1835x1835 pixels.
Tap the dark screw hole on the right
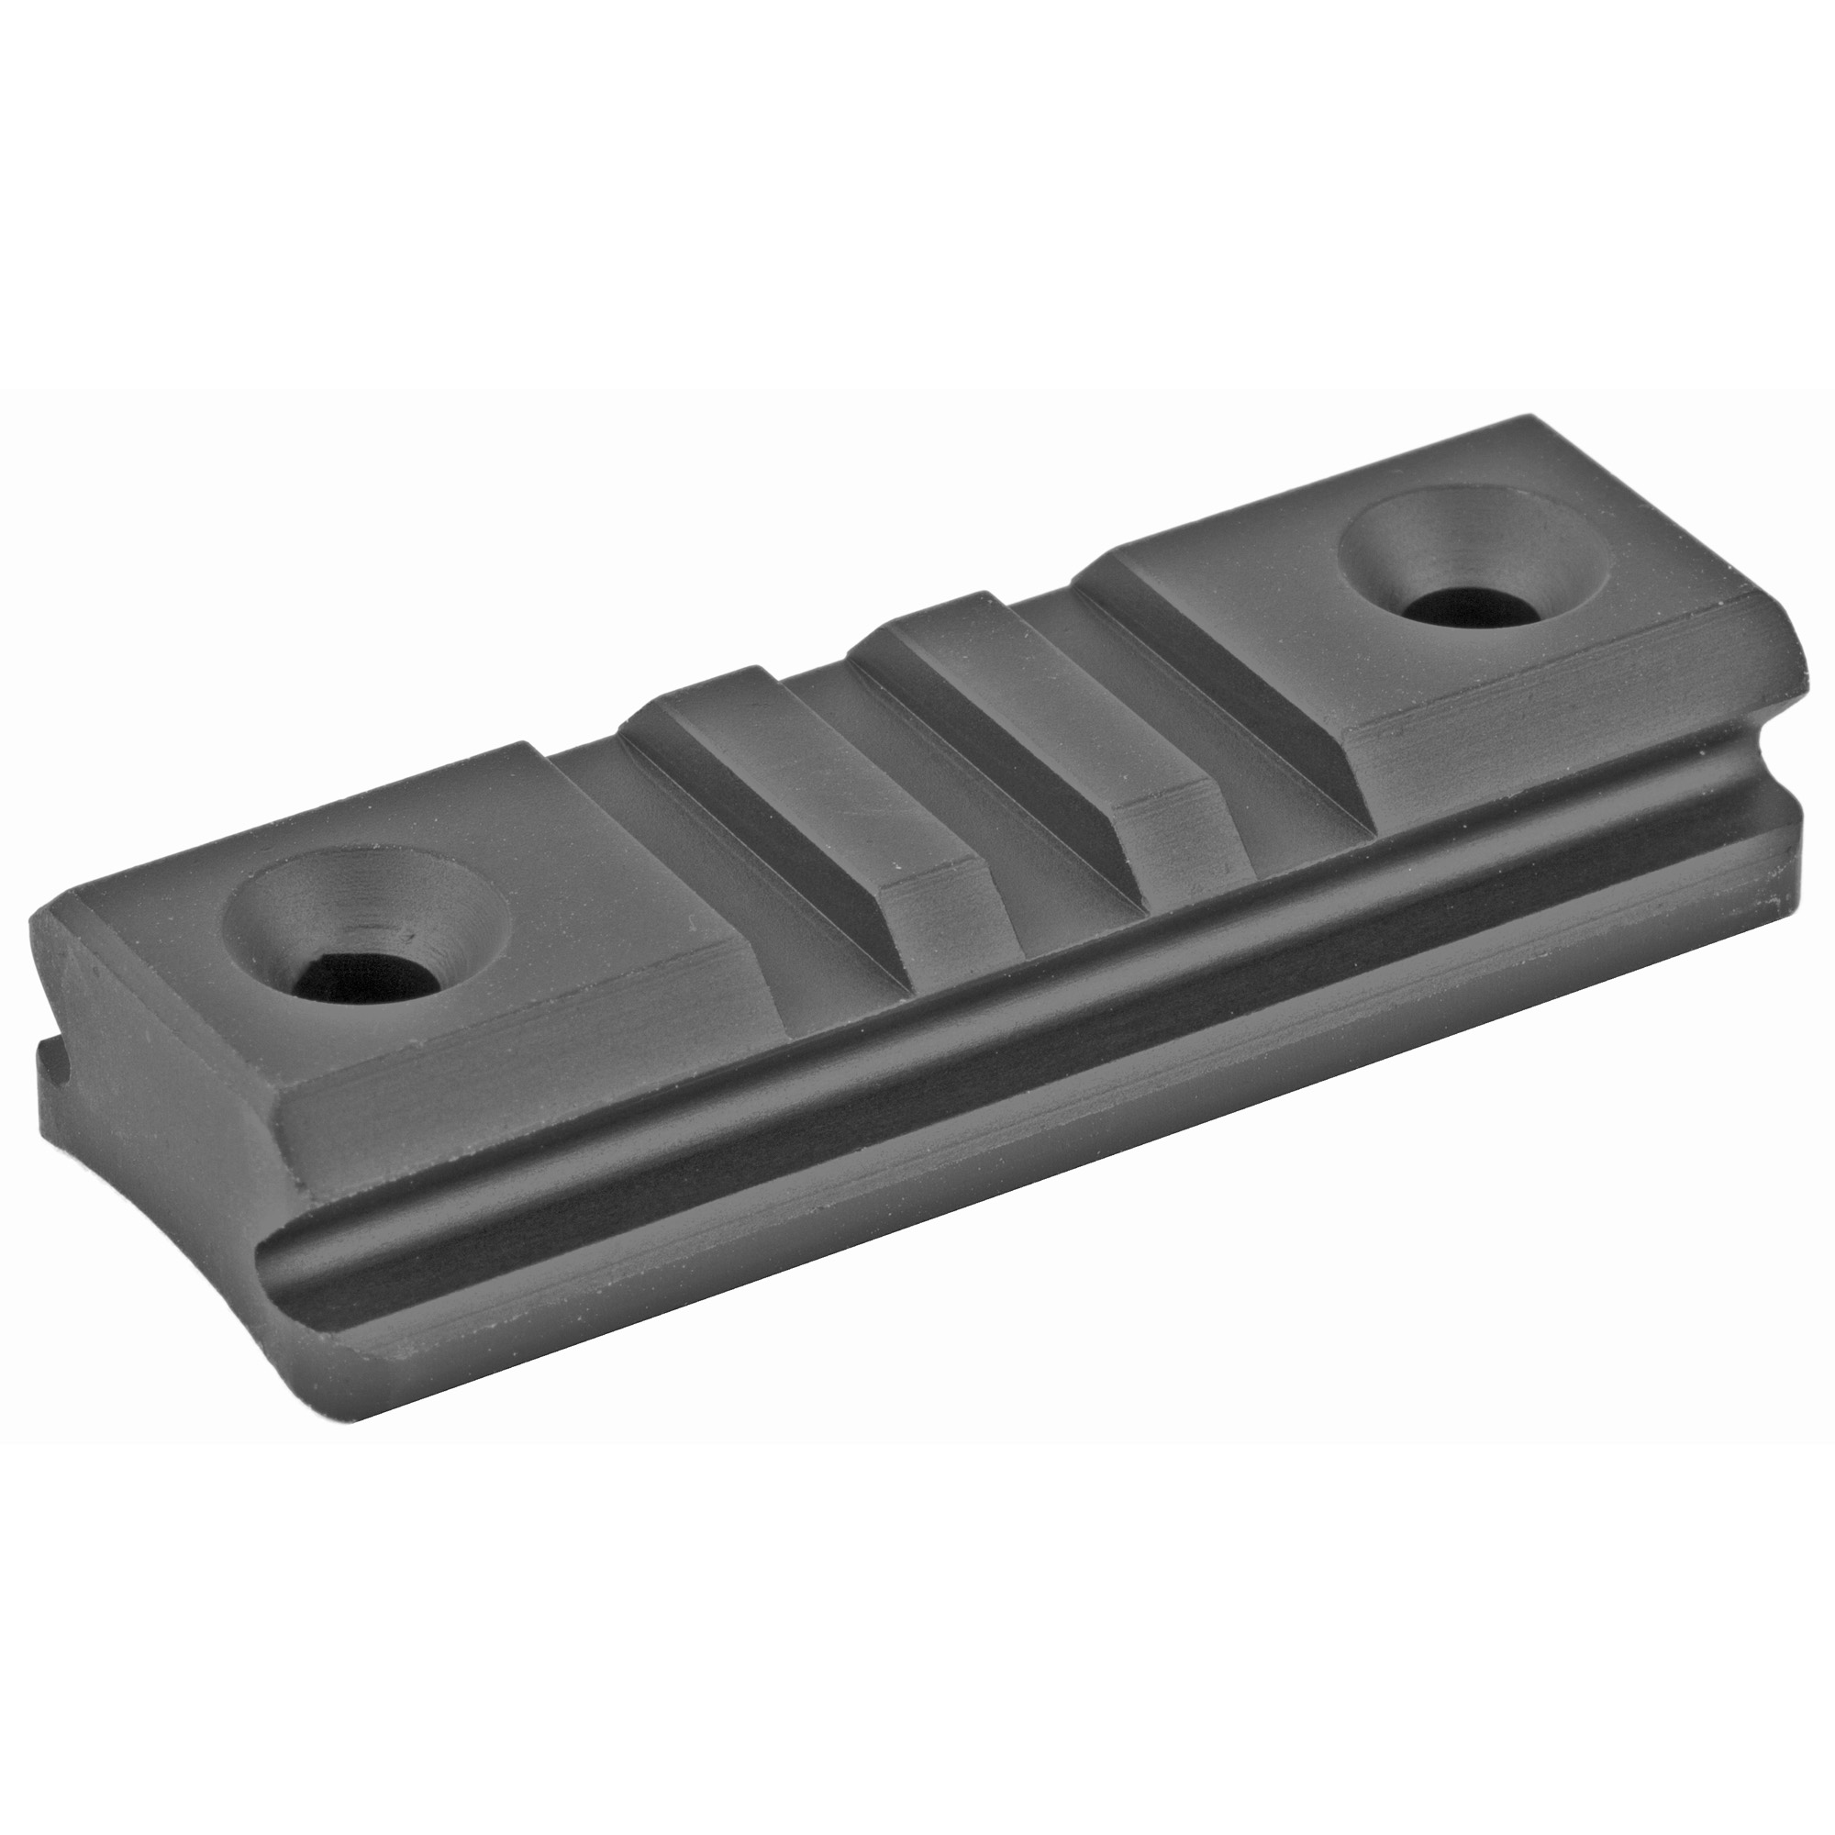point(1462,606)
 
